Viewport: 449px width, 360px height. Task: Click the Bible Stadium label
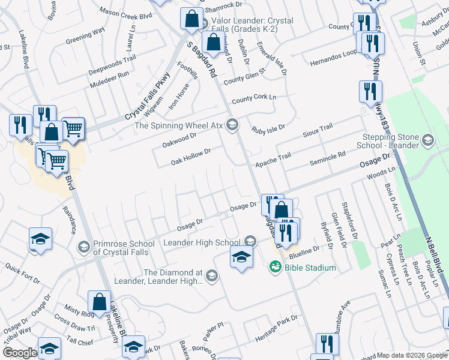[310, 267]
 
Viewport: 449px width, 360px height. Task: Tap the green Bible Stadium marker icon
[276, 266]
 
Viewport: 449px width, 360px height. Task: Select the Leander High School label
[202, 242]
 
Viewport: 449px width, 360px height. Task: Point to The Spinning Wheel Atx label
[179, 125]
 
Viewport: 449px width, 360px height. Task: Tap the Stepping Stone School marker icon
[428, 141]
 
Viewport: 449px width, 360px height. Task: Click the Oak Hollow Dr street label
[191, 157]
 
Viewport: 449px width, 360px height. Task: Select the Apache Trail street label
[273, 159]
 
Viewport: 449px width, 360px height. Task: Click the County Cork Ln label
[254, 98]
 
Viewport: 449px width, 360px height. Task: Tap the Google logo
[20, 353]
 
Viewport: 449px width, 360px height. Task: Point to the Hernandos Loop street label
[333, 57]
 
